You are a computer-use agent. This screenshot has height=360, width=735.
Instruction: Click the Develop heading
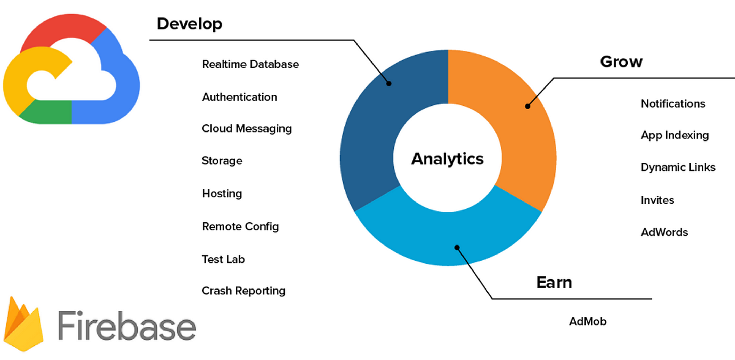[189, 24]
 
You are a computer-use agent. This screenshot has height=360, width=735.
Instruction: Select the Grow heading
[621, 62]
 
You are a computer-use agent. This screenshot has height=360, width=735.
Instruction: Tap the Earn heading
[554, 282]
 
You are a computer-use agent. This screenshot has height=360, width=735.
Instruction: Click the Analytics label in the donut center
[447, 159]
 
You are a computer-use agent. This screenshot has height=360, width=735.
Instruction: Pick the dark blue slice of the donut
[374, 135]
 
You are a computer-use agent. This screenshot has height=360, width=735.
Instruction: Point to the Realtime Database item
[251, 64]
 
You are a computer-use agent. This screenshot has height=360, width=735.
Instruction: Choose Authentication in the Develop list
[239, 97]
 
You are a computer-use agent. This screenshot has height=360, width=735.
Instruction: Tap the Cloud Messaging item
[247, 129]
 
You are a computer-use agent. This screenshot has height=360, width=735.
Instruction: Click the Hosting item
[222, 193]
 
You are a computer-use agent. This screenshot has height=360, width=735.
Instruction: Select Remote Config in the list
[240, 227]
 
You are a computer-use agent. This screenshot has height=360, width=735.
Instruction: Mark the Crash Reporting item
[243, 291]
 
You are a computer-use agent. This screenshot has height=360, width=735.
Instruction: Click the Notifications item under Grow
[673, 103]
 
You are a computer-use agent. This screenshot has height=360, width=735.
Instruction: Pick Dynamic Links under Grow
[678, 167]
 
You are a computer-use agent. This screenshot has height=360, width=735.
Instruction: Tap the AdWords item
[664, 232]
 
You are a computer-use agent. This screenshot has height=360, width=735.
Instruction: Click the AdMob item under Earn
[587, 321]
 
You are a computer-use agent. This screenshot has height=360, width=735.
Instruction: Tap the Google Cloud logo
[70, 70]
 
